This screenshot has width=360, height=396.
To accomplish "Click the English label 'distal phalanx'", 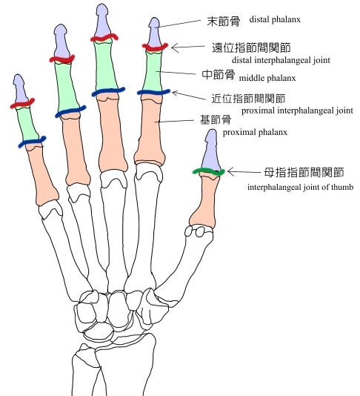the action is pos(275,19).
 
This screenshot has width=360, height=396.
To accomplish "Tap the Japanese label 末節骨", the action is pos(224,22).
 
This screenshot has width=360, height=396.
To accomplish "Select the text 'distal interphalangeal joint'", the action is pos(281,60).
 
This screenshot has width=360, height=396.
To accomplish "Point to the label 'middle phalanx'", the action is pos(267,78).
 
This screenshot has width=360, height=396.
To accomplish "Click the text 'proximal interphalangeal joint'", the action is pos(297,110).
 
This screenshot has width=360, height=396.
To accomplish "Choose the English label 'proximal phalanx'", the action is pos(255,132).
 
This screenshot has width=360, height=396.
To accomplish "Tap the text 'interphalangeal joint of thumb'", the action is pos(300,187).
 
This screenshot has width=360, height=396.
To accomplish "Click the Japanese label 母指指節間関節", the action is pos(304,173).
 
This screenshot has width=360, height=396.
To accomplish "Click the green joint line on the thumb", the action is pos(208,172).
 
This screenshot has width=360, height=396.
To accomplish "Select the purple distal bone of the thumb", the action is pos(211,151).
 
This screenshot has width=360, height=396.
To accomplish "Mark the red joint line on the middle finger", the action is pos(104,38).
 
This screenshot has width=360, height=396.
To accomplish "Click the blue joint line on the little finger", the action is pos(32,142).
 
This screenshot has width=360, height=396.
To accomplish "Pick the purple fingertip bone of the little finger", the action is pos(21,90).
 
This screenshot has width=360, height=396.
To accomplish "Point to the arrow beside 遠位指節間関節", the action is pos(188,47).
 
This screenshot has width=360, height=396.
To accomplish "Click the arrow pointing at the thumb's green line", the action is pos(244,172).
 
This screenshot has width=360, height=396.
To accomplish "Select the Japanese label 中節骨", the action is pos(219,75).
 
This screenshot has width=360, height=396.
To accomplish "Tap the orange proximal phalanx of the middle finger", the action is pos(112,133).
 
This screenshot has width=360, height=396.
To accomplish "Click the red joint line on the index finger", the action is pos(155,47).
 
